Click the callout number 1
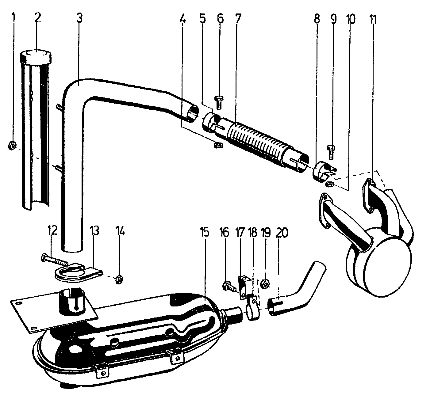13,19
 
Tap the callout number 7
238,19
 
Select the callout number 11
373,20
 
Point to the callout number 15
205,232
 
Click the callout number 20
282,233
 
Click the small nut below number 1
12,145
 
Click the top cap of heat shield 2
36,57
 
